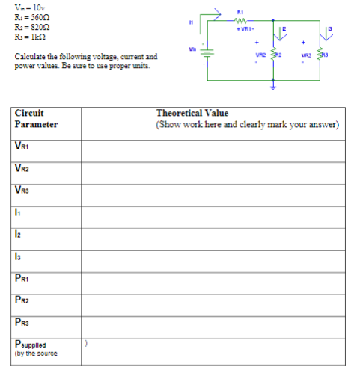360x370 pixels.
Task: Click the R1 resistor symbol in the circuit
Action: click(240, 21)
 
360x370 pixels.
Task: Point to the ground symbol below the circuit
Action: click(272, 87)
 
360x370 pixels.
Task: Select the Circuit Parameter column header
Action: click(36, 119)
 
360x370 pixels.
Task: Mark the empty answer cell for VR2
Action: click(216, 169)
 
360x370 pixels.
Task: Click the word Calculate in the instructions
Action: click(29, 57)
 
